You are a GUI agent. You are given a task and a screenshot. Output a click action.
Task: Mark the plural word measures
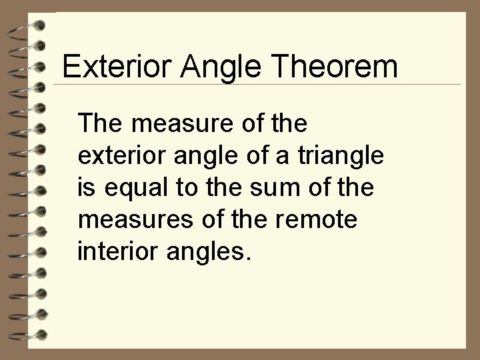[x=126, y=220]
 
